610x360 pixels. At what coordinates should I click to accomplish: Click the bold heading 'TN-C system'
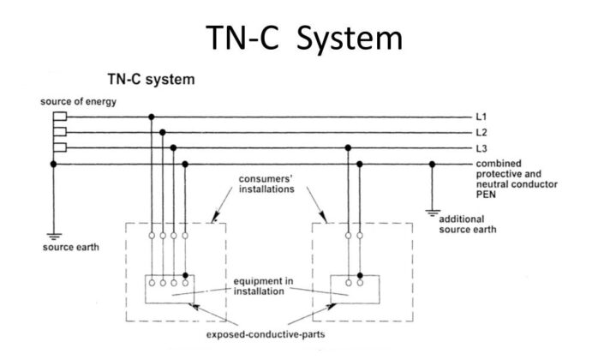(x=150, y=80)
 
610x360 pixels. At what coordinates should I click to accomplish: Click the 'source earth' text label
(x=68, y=247)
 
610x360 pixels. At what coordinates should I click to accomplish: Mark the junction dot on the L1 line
(x=152, y=117)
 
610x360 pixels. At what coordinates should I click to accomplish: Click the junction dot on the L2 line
(x=163, y=132)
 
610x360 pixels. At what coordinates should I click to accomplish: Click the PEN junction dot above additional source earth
(x=433, y=163)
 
